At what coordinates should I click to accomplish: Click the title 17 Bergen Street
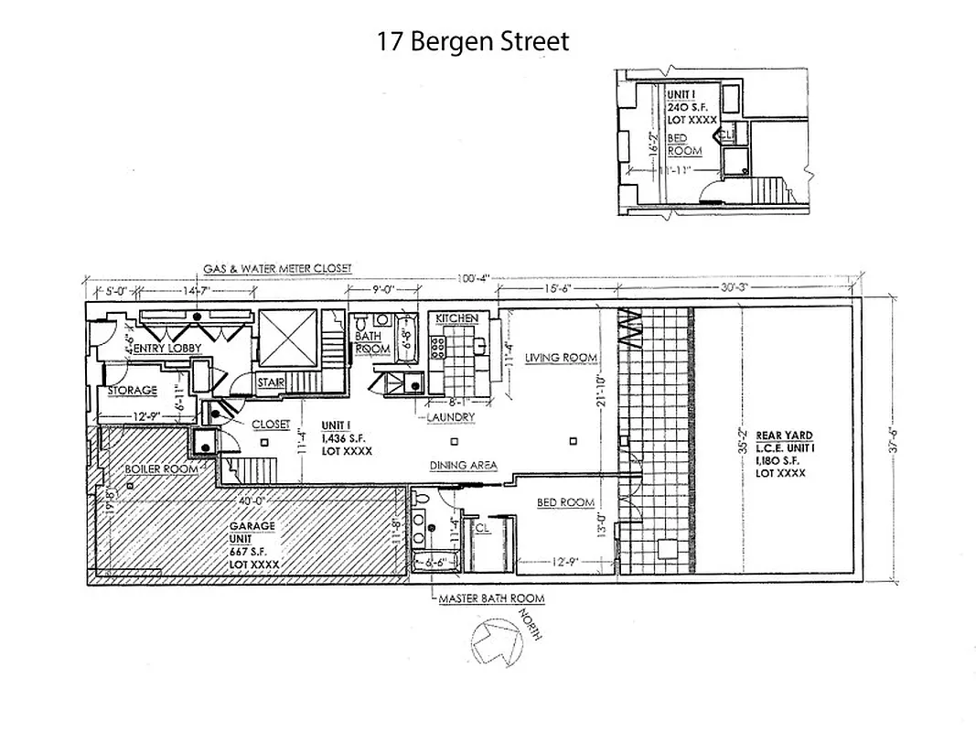point(473,41)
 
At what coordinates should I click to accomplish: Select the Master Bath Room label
point(491,599)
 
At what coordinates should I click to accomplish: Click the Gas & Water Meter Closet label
point(277,268)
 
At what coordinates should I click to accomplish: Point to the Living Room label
point(561,358)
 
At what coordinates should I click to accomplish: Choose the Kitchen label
point(456,318)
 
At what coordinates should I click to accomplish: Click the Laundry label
point(451,417)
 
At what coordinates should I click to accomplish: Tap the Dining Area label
point(463,465)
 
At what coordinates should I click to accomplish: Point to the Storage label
point(133,391)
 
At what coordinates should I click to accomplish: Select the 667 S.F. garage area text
point(248,552)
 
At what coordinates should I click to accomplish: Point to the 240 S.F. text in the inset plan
point(687,107)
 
